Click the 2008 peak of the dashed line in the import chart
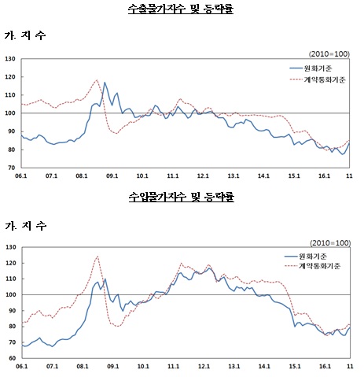[x=97, y=256]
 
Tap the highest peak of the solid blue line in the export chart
[x=105, y=82]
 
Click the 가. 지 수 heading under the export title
[x=25, y=36]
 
